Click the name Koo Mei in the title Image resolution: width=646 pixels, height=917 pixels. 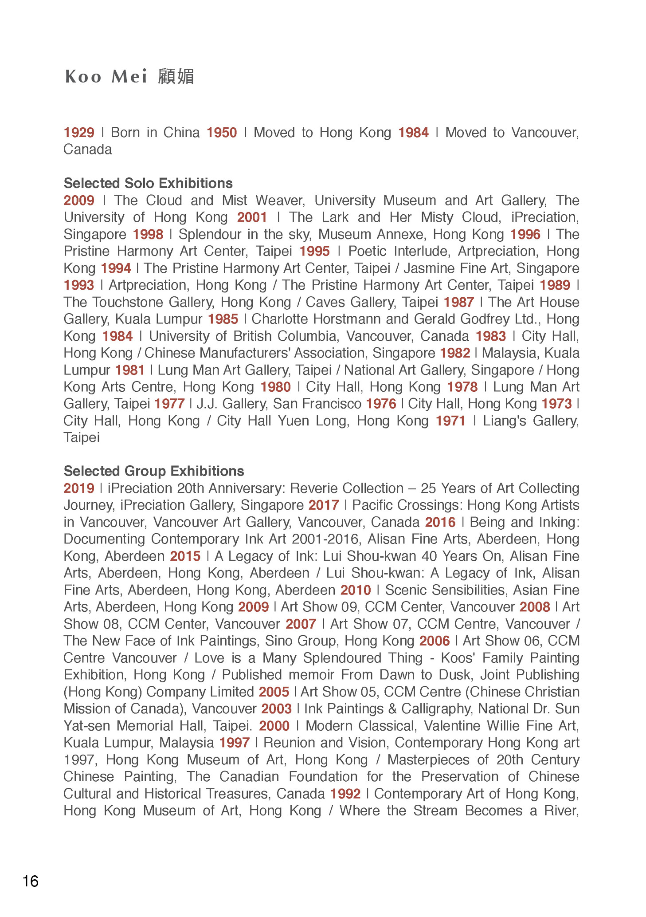pos(106,77)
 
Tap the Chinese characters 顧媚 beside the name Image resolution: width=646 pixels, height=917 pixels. pos(176,77)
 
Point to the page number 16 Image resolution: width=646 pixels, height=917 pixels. pos(30,881)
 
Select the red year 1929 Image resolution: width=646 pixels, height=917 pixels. pos(79,133)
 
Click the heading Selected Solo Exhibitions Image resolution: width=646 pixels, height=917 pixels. pos(148,183)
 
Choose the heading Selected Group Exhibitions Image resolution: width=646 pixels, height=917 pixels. pos(154,471)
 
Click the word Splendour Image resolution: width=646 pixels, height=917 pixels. pos(210,234)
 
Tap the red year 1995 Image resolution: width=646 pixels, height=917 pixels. pos(314,252)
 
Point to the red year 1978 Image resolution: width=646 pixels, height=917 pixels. pos(462,387)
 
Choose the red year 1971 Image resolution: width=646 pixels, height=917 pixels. pos(450,421)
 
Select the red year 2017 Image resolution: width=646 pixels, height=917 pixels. pos(324,505)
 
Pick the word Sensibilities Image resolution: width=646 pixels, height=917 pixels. pos(445,590)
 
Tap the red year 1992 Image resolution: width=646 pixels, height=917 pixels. pos(345,794)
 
